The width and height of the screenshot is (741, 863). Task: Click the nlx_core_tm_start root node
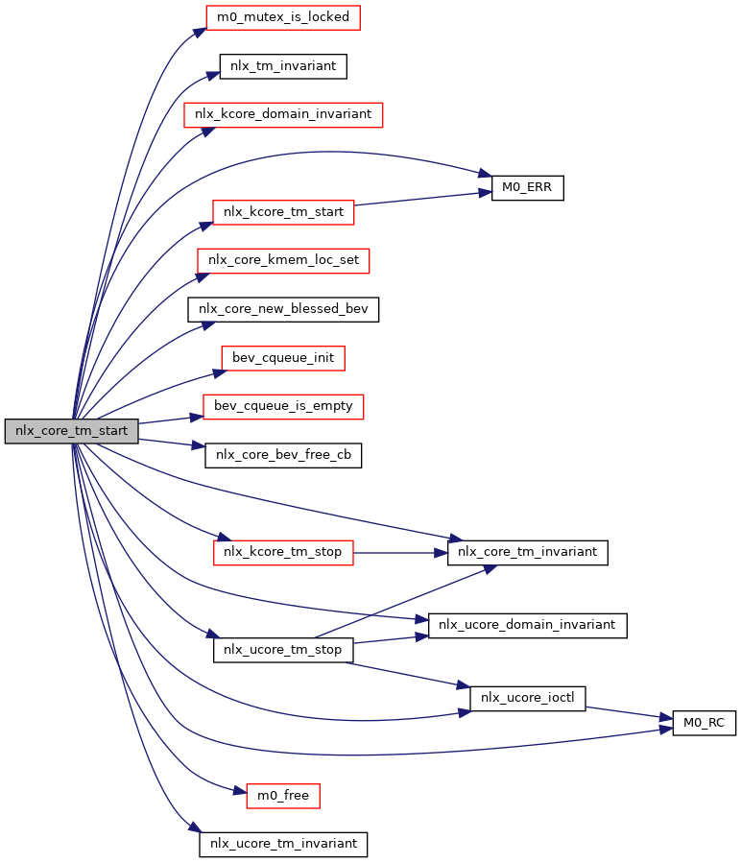71,431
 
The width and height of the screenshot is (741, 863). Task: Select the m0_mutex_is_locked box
283,17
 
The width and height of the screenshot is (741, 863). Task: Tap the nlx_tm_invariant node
283,66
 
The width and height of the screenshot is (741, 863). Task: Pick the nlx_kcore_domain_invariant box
283,114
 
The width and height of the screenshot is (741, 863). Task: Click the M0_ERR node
527,188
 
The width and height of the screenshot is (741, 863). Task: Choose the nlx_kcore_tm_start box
283,212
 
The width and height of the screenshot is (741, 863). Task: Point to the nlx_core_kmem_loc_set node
283,260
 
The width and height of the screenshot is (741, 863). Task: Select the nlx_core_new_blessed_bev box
283,309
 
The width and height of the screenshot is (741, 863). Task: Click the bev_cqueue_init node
283,358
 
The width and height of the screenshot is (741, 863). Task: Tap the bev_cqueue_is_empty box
283,406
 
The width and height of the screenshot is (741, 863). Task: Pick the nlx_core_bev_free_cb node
283,455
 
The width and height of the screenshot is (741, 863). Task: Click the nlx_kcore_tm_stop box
283,552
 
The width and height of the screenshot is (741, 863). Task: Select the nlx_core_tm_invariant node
527,552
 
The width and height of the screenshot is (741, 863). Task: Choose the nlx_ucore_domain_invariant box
527,625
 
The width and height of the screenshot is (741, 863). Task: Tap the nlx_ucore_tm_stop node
283,650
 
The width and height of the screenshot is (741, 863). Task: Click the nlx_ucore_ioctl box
527,699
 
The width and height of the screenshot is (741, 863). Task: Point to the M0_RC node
704,723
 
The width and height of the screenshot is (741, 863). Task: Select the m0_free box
283,796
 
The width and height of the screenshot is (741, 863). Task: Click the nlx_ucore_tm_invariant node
283,844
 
